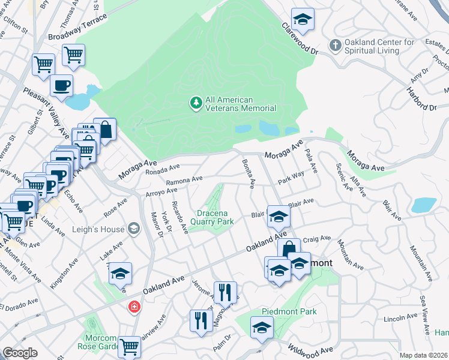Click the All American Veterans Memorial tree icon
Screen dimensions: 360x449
(x=195, y=104)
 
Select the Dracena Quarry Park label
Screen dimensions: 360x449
(x=212, y=217)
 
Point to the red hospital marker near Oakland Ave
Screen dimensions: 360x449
(x=133, y=307)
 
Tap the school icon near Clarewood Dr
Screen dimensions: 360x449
(x=303, y=19)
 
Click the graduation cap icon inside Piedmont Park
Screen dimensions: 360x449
(x=262, y=327)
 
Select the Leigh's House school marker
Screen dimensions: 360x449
(x=133, y=229)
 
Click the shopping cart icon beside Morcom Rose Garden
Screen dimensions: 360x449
(x=129, y=346)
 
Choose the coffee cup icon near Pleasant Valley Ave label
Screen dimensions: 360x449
(x=61, y=85)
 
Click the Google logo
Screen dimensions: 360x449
(x=20, y=353)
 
